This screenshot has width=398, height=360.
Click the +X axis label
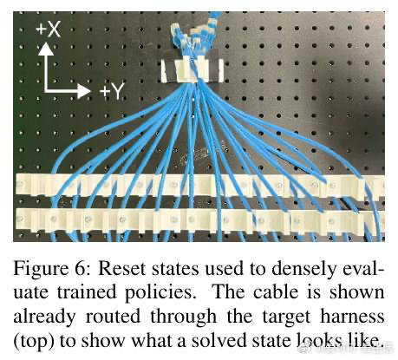49,29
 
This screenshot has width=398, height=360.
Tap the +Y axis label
112,91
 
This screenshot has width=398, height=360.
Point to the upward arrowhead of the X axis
46,49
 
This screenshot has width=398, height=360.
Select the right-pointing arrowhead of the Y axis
84,91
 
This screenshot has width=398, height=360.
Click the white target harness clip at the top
192,70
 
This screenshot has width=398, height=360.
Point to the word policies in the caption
159,293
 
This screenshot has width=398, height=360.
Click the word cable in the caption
276,292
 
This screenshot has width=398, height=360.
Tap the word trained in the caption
87,292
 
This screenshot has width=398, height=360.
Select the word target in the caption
286,317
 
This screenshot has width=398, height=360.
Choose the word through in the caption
183,317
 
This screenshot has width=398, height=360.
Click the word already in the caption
44,317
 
